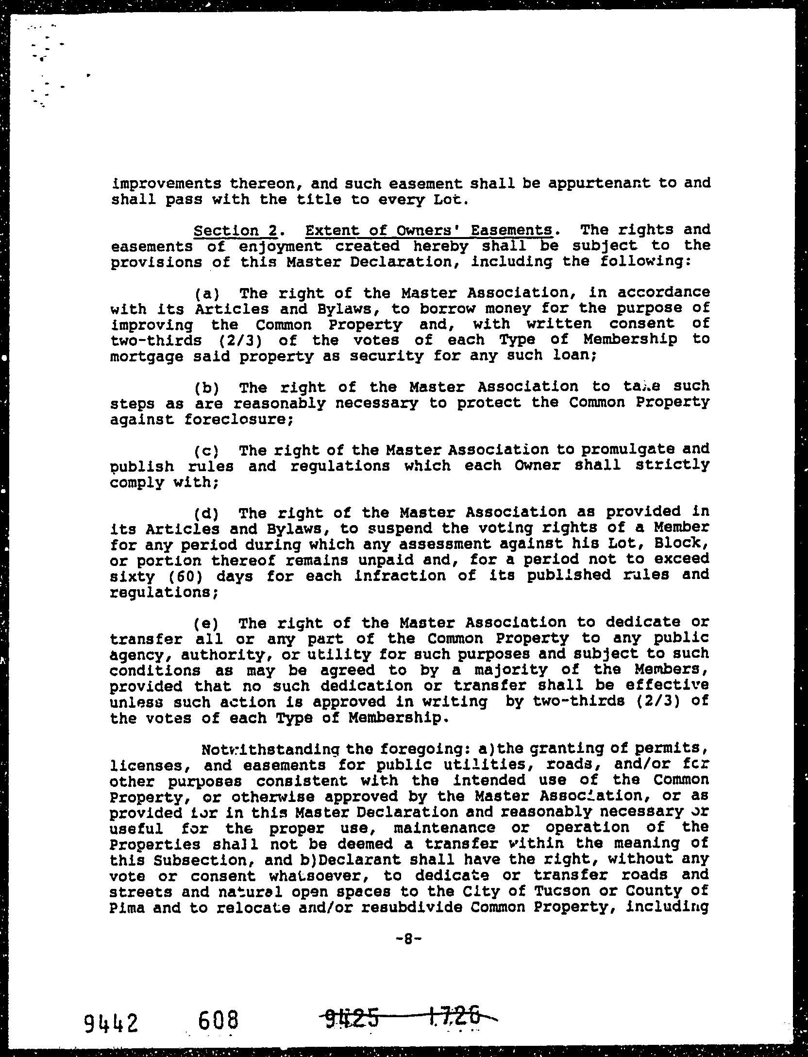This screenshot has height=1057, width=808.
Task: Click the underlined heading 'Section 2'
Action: pos(235,230)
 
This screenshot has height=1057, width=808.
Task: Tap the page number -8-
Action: pos(407,939)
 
